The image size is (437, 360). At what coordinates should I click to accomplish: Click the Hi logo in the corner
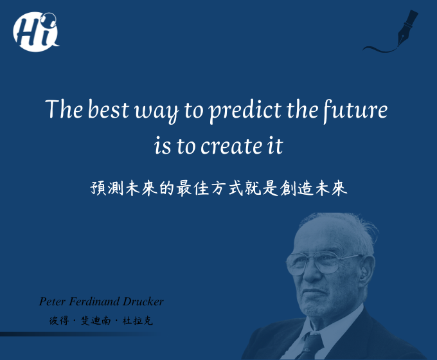tap(36, 32)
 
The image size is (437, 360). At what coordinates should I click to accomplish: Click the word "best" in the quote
tap(109, 109)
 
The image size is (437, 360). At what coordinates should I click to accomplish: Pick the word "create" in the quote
tap(231, 146)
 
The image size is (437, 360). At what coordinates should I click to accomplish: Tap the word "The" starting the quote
tap(64, 109)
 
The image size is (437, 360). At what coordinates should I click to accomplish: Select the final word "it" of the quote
tap(275, 145)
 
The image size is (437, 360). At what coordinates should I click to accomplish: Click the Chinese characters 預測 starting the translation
tap(107, 188)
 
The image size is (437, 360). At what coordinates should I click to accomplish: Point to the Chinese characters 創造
tap(296, 188)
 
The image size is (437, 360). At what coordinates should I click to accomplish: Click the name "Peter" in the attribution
tap(52, 301)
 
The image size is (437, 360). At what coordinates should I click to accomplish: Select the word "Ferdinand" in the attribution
tap(94, 301)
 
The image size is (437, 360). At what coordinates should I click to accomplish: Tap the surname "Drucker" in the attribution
tap(143, 301)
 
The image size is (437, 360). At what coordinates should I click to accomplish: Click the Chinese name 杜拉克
tap(138, 321)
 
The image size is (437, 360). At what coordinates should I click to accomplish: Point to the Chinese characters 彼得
tap(59, 321)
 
